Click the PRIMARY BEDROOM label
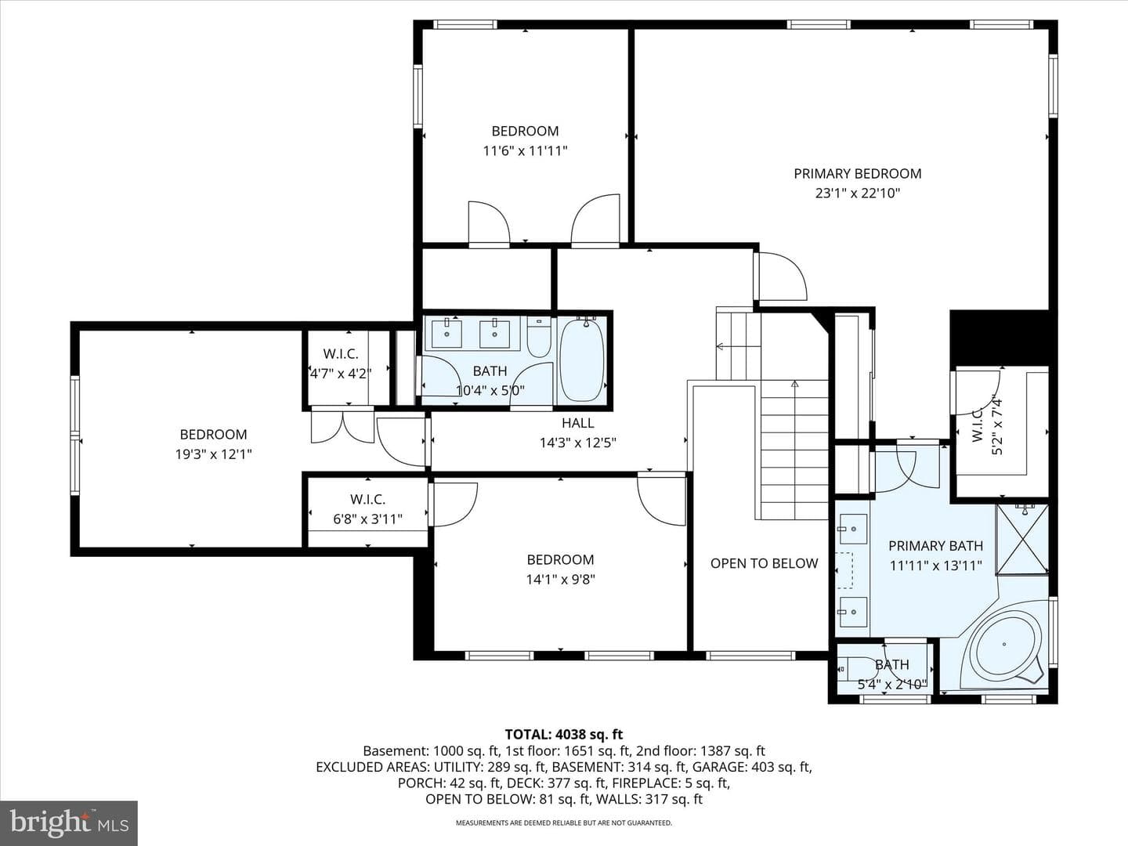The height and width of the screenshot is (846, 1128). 857,174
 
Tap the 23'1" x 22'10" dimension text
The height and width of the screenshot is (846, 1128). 858,193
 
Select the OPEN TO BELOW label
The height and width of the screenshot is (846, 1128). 765,563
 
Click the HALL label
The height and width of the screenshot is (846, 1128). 577,423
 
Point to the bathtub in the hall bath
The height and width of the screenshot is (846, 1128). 581,359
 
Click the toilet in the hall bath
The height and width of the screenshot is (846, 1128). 539,337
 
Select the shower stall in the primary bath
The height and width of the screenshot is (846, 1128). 1022,540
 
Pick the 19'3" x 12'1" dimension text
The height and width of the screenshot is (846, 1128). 213,454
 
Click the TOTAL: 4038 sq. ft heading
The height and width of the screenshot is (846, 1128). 564,735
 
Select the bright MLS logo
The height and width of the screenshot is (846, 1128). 69,822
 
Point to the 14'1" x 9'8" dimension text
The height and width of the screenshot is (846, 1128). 560,580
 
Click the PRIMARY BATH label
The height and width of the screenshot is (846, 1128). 935,545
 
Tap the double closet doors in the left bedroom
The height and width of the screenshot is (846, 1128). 343,425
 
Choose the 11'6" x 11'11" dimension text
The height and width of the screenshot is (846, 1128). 525,151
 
